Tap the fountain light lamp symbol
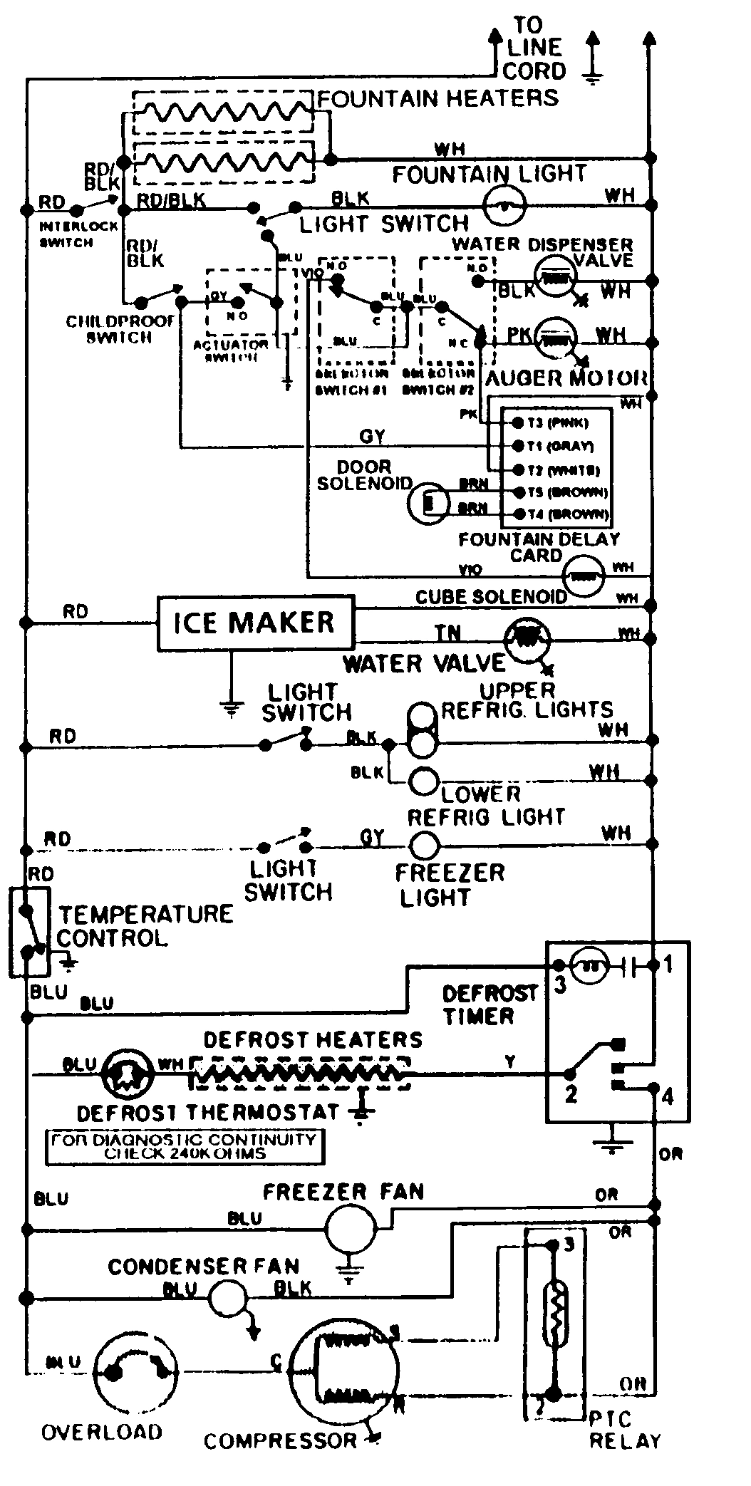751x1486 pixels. [x=504, y=206]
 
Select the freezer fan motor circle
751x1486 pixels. [x=350, y=1228]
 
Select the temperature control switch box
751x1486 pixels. [x=29, y=932]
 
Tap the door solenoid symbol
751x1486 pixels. [x=428, y=504]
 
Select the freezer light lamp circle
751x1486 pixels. [x=425, y=846]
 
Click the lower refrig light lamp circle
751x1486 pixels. [x=423, y=781]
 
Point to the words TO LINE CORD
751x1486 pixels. [x=534, y=48]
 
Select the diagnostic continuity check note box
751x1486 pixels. [x=184, y=1147]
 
